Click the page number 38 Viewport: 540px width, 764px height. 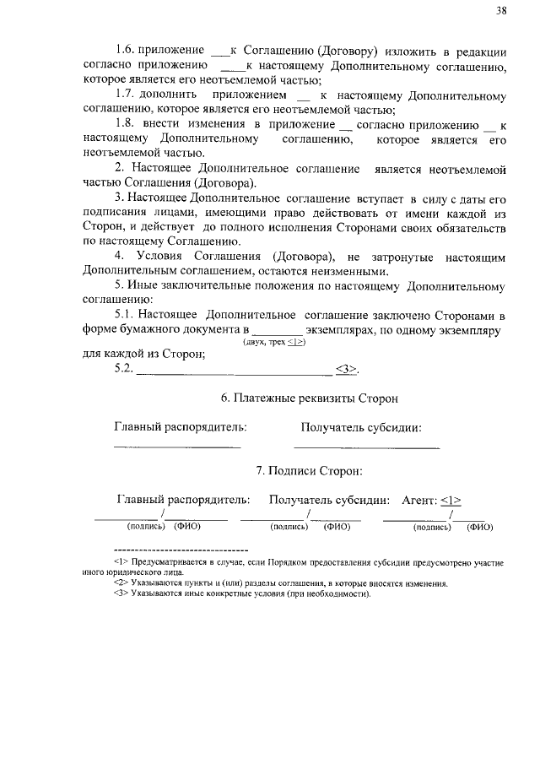pos(501,10)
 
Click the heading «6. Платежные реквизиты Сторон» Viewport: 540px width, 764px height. pos(309,398)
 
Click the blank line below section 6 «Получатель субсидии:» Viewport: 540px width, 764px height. pos(366,446)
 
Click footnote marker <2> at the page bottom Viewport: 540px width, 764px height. pos(120,582)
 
